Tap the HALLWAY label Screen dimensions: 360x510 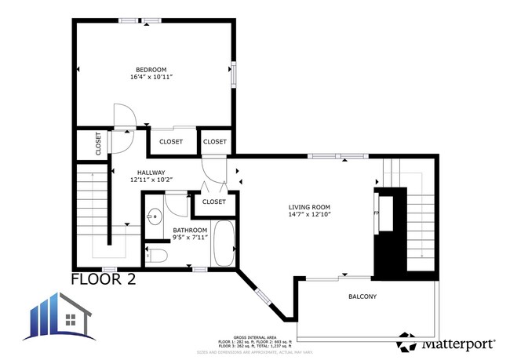pos(151,173)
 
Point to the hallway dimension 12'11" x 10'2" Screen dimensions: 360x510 pos(151,180)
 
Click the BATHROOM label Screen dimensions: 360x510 pos(189,230)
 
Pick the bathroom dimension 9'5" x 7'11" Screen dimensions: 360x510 pos(189,238)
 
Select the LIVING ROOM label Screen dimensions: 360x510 pos(308,207)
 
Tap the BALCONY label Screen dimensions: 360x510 pos(362,296)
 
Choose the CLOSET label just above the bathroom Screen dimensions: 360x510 pos(213,202)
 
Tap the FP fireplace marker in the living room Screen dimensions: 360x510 pos(376,212)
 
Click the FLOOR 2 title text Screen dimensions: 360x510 pos(108,279)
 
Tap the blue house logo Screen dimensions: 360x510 pos(63,318)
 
